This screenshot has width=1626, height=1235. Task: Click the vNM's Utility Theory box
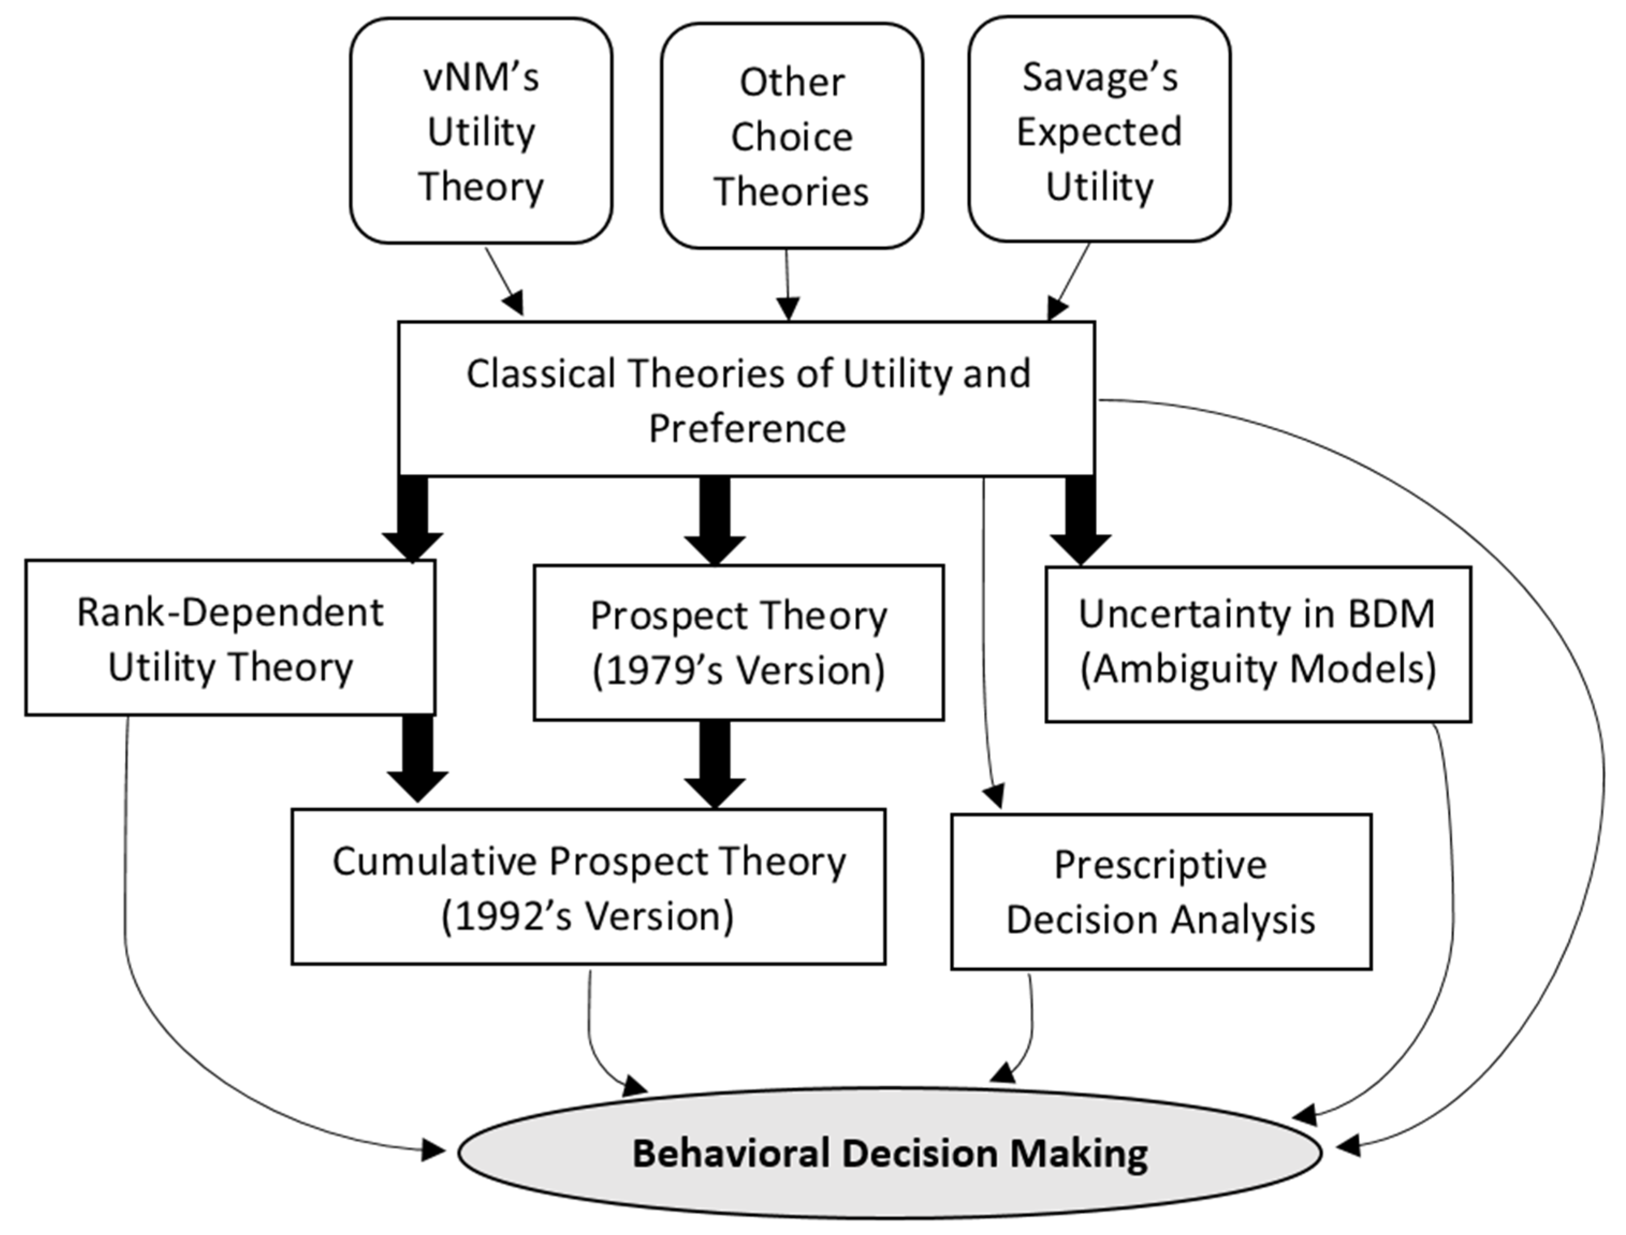(x=481, y=131)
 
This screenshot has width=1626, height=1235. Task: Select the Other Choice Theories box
(x=792, y=136)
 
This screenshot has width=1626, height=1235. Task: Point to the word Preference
(x=746, y=429)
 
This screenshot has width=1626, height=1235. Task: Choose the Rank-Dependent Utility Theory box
(x=230, y=638)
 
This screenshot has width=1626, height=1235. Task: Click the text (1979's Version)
(x=738, y=671)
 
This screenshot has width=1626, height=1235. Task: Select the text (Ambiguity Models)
(x=1257, y=670)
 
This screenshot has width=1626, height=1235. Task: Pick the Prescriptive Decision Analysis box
(x=1161, y=891)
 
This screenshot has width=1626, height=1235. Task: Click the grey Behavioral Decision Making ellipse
(x=889, y=1153)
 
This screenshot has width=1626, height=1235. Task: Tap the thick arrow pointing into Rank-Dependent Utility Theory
(x=413, y=519)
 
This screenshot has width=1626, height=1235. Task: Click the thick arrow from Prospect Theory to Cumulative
(x=715, y=764)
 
